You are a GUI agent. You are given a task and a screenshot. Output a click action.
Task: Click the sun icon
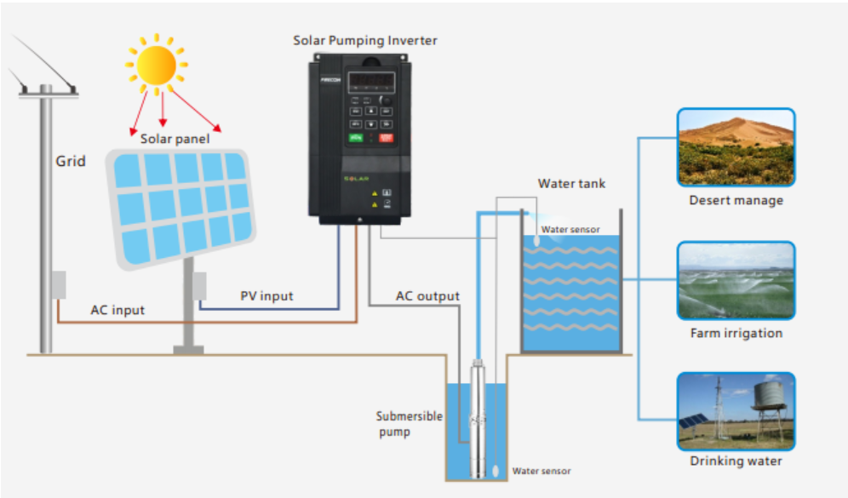[157, 65]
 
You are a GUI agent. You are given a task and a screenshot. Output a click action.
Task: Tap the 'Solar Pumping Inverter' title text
[365, 41]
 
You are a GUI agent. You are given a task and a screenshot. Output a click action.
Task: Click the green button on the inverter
[356, 138]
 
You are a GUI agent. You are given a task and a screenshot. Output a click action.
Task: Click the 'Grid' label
[71, 161]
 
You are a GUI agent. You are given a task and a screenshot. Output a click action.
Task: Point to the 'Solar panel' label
[175, 139]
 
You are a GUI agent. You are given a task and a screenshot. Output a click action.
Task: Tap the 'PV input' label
[266, 296]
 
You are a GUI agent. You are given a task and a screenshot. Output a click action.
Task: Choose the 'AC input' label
[117, 311]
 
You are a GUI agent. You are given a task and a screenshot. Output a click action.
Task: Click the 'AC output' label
[427, 296]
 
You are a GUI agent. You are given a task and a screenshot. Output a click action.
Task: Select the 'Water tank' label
[571, 184]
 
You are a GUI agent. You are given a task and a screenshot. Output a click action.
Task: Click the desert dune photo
[736, 147]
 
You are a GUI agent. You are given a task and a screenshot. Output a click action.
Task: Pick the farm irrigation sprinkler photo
[736, 281]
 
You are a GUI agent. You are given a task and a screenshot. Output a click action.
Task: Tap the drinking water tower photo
[736, 411]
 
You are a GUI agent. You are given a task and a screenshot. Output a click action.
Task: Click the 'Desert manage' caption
[736, 201]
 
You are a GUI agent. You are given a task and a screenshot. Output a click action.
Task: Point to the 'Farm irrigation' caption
[736, 333]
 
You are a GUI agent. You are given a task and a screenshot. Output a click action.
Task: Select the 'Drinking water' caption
[736, 461]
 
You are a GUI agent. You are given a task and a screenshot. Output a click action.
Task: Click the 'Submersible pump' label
[409, 424]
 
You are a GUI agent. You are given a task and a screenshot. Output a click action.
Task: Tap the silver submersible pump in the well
[478, 419]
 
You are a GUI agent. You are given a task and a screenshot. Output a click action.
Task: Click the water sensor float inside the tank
[536, 240]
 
